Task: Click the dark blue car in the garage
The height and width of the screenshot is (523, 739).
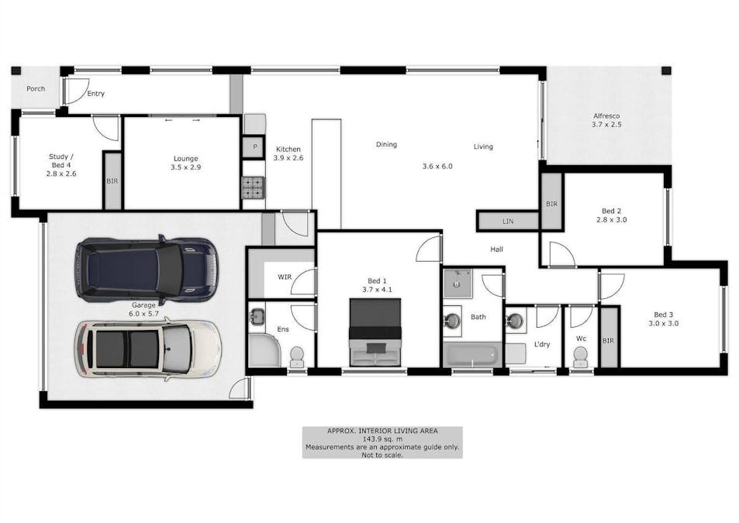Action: [146, 270]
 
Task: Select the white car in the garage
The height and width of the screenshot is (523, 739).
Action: [147, 349]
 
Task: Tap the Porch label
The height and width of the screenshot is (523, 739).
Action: [36, 88]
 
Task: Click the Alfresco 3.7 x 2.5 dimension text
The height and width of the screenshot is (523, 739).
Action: [606, 125]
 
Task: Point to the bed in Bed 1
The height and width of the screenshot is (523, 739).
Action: [375, 332]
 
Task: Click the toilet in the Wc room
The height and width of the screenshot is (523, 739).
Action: [581, 357]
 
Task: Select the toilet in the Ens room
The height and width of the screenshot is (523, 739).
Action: [297, 357]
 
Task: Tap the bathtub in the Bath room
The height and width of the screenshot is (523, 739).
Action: [471, 356]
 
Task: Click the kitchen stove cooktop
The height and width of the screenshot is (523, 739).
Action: [254, 187]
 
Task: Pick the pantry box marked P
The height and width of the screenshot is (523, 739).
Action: [254, 146]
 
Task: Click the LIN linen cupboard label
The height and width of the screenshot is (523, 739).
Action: [508, 221]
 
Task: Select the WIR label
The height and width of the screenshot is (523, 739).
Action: [285, 277]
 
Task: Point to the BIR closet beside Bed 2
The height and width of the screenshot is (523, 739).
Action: [552, 201]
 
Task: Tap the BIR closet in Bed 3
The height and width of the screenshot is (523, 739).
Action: [608, 336]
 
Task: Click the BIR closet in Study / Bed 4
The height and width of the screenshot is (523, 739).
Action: [112, 181]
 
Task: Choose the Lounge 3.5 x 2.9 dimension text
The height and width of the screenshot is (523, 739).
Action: [185, 167]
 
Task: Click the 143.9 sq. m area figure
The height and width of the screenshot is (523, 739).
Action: [382, 439]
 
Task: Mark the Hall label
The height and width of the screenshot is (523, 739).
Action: [496, 249]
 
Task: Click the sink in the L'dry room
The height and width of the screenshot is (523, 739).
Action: [515, 321]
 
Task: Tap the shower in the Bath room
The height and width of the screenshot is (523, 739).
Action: [458, 284]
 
